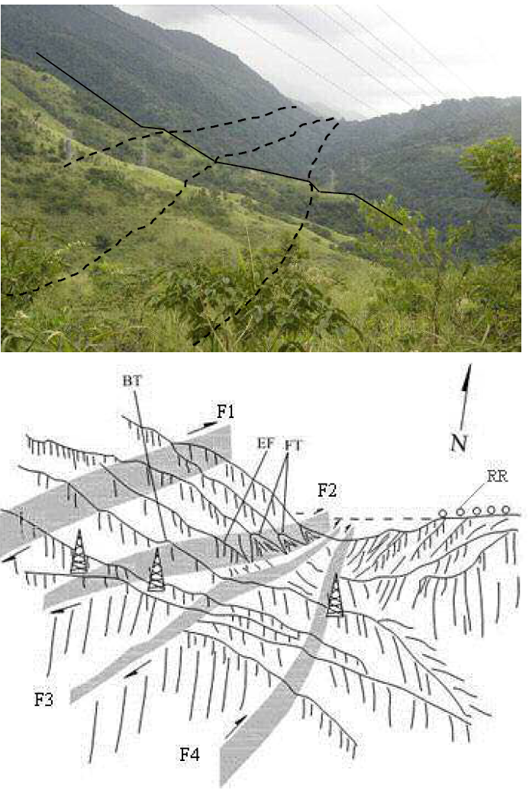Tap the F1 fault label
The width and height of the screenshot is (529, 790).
click(x=225, y=413)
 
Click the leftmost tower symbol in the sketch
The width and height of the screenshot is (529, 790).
click(x=79, y=552)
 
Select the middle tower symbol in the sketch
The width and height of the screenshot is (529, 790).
click(x=156, y=569)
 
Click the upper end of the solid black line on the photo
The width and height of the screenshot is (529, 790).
click(x=37, y=53)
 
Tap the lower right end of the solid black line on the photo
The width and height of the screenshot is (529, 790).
click(x=402, y=224)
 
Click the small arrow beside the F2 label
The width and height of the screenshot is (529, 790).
click(x=305, y=514)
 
